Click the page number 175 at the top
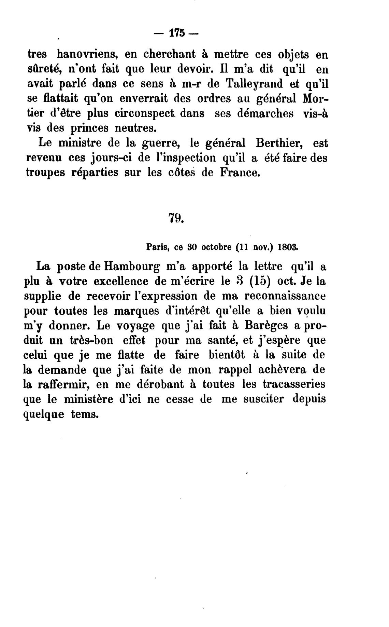point(176,33)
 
